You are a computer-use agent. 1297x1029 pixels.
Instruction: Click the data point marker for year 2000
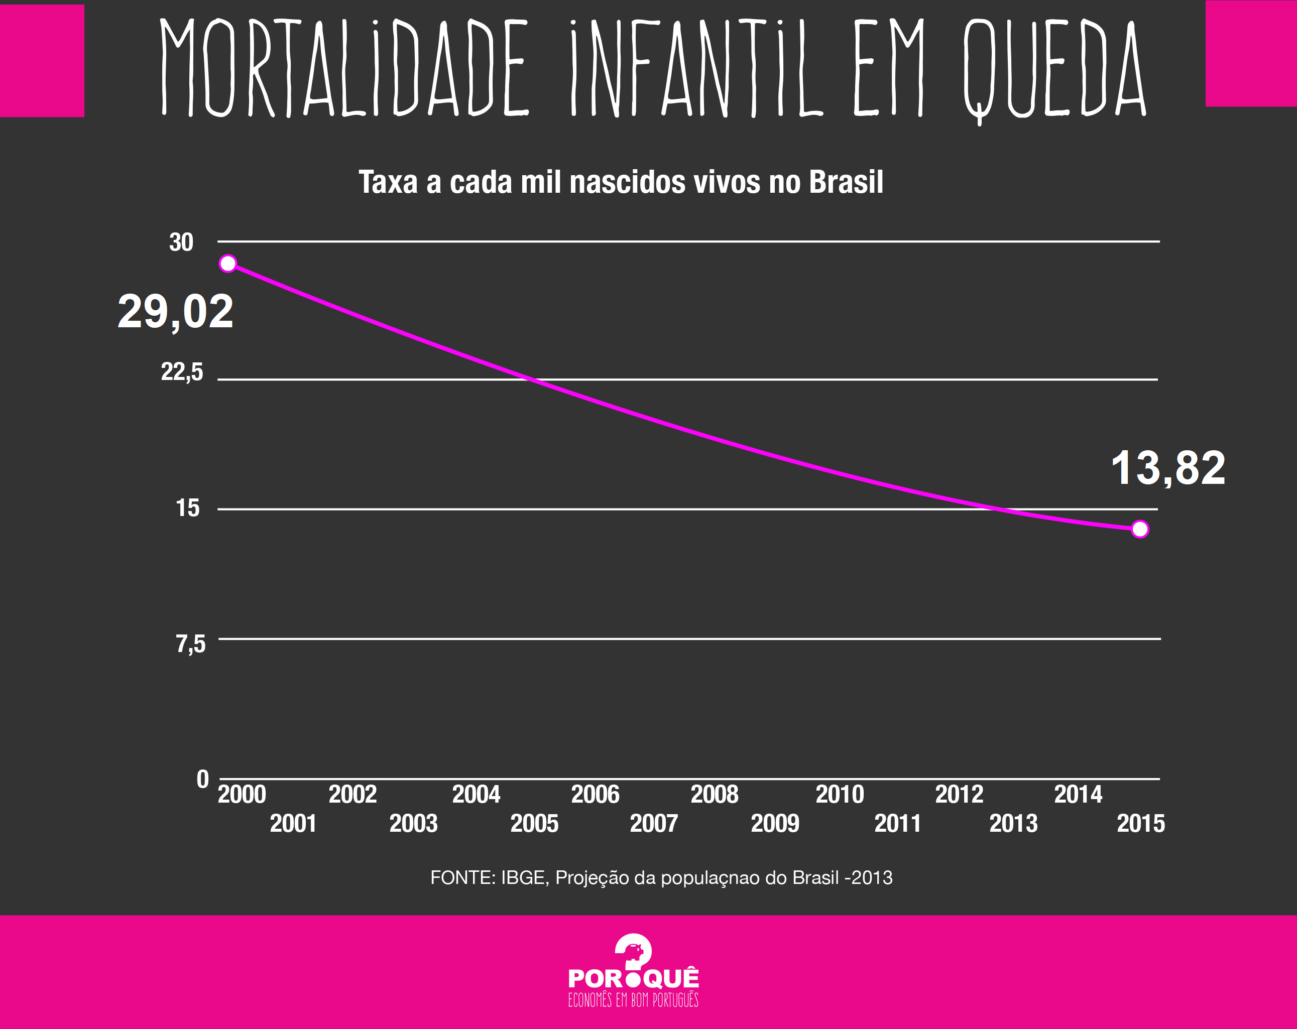[228, 264]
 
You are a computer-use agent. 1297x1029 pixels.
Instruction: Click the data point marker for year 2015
[1139, 529]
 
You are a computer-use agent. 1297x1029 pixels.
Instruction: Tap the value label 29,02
[175, 312]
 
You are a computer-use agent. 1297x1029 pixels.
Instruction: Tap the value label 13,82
[1167, 468]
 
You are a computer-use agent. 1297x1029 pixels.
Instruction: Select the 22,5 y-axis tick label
[182, 372]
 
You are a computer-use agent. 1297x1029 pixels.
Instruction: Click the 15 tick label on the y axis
[187, 508]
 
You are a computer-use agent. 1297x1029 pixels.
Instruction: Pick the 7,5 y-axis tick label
[190, 644]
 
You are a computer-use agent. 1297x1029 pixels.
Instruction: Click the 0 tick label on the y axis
[203, 780]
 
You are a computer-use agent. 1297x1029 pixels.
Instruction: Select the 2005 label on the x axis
[534, 823]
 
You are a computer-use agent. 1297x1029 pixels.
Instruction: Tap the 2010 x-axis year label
[839, 795]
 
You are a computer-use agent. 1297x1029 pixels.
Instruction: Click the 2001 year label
[293, 823]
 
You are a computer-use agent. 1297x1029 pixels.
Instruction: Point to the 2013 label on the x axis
[1013, 823]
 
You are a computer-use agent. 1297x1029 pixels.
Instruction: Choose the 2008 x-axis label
[714, 795]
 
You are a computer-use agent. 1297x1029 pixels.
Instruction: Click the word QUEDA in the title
[1054, 69]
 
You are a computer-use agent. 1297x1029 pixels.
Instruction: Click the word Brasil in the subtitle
[846, 182]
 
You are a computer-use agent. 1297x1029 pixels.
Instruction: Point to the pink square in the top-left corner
[42, 60]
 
